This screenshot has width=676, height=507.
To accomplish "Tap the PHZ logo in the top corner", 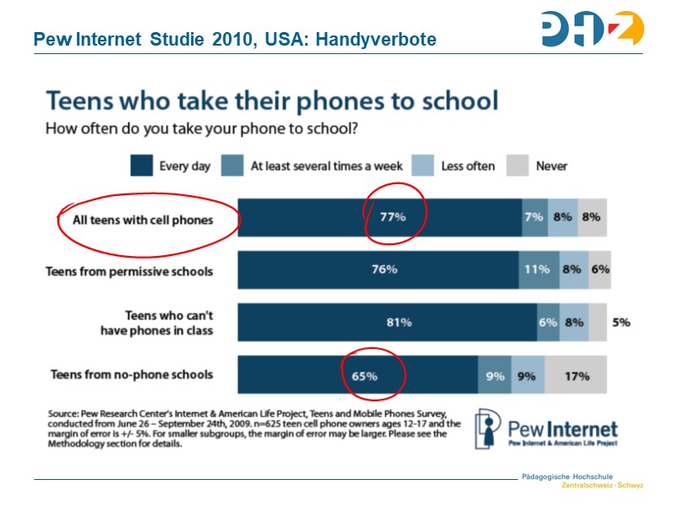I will click(x=591, y=29).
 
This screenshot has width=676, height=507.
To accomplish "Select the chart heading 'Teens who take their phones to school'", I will click(x=271, y=101).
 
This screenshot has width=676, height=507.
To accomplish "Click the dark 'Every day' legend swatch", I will click(x=141, y=166).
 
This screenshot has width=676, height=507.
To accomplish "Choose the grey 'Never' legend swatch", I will click(x=516, y=166).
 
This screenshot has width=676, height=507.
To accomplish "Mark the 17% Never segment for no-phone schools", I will click(x=576, y=376).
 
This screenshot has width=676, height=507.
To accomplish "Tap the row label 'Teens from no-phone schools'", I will click(x=132, y=374).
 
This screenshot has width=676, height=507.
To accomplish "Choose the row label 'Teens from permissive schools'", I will click(x=129, y=271).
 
